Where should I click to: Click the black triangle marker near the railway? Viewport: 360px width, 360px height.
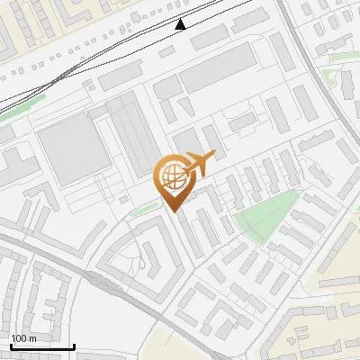point(181,24)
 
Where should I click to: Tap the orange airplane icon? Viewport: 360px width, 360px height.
point(198,165)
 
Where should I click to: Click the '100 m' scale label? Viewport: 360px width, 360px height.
point(24,337)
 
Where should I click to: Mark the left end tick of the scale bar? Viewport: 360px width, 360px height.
point(12,346)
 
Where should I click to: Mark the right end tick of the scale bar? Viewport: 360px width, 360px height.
point(74,346)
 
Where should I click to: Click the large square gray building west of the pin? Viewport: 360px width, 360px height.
point(73,148)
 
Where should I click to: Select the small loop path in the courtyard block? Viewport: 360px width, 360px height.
point(142,261)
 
